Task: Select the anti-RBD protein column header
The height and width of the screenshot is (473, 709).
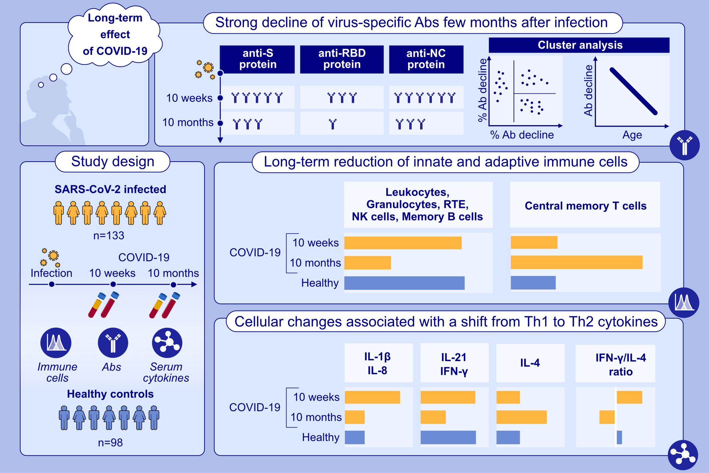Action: pos(342,59)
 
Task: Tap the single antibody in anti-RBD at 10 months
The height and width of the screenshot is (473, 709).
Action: pos(333,124)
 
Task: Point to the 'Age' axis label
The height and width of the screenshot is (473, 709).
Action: pos(632,135)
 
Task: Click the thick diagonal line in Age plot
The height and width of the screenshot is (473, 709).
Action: pos(633,91)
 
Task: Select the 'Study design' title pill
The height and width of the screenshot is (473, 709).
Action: pos(113,162)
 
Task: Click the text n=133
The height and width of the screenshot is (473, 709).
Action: pos(109,236)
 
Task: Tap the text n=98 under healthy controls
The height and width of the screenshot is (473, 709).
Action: pos(110,443)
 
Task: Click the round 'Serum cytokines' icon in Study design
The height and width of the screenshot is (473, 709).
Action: pos(167,343)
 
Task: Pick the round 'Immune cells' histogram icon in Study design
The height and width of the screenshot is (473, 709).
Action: pos(56,343)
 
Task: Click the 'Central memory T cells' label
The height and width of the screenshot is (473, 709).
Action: pos(585,206)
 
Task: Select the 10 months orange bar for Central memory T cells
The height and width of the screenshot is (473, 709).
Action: pos(576,262)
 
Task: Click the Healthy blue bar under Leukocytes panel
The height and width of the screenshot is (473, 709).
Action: pos(404,283)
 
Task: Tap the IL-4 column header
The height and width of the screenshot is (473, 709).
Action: pos(530,363)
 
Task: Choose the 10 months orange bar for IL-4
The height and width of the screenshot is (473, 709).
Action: pos(521,417)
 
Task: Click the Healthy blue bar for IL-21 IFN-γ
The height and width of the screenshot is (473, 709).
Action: pos(448,437)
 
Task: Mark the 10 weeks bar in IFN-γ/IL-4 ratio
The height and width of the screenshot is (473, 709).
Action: pos(629,397)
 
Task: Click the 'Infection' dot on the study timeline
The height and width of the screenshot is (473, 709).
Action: pos(52,284)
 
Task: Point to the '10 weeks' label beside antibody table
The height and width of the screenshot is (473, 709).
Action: pos(189,98)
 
